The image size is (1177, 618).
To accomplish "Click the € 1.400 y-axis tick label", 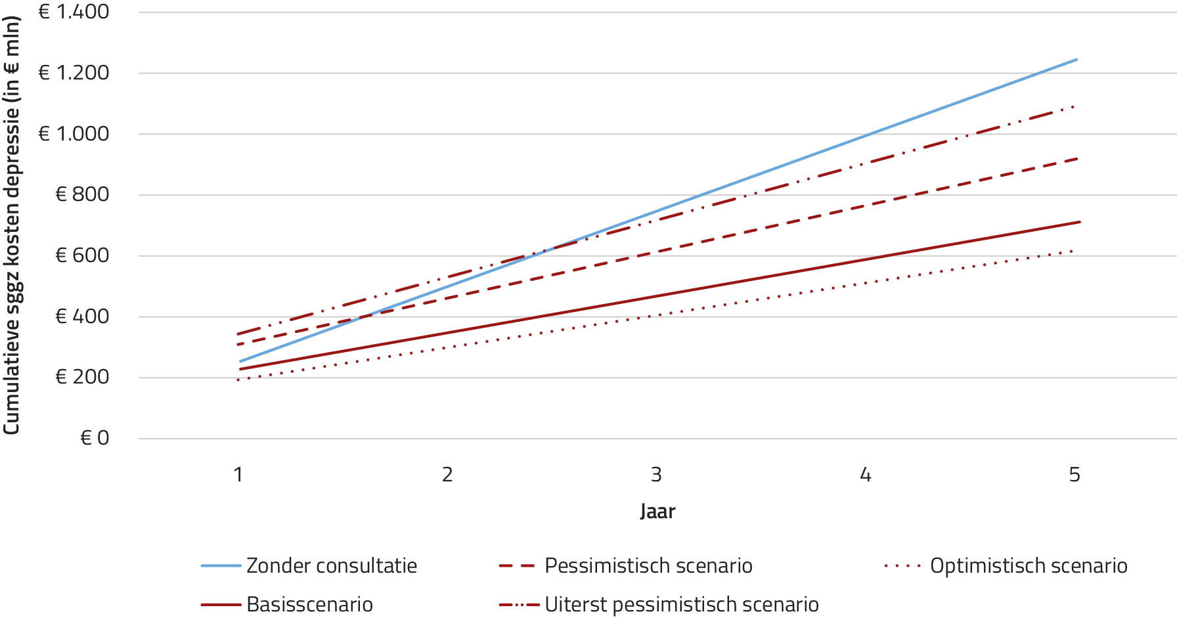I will click(74, 12).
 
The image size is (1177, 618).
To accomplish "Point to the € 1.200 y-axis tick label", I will click(74, 73).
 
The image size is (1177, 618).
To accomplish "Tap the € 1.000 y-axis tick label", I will click(74, 134).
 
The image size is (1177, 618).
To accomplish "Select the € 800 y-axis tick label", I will click(82, 194).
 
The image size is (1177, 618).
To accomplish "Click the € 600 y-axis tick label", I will click(82, 255).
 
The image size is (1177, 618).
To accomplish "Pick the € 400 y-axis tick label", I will click(82, 317).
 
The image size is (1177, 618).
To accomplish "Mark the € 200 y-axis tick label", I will click(82, 377).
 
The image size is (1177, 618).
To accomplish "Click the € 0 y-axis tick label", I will click(95, 438).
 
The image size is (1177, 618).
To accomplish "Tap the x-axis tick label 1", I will click(238, 474).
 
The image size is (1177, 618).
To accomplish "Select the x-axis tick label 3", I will click(656, 474).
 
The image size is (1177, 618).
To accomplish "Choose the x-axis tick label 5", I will click(1075, 474).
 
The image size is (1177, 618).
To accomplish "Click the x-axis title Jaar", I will click(657, 512).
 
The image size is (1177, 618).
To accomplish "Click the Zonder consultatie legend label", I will click(332, 565).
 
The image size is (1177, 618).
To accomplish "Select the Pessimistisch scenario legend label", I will click(648, 565).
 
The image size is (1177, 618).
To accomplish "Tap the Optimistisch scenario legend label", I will click(1029, 565).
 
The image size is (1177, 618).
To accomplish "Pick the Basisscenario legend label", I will click(309, 604).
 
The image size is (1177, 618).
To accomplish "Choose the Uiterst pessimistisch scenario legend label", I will click(681, 604).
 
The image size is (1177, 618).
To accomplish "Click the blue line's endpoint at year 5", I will click(1077, 60).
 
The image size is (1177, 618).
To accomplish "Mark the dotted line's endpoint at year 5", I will click(1072, 250).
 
